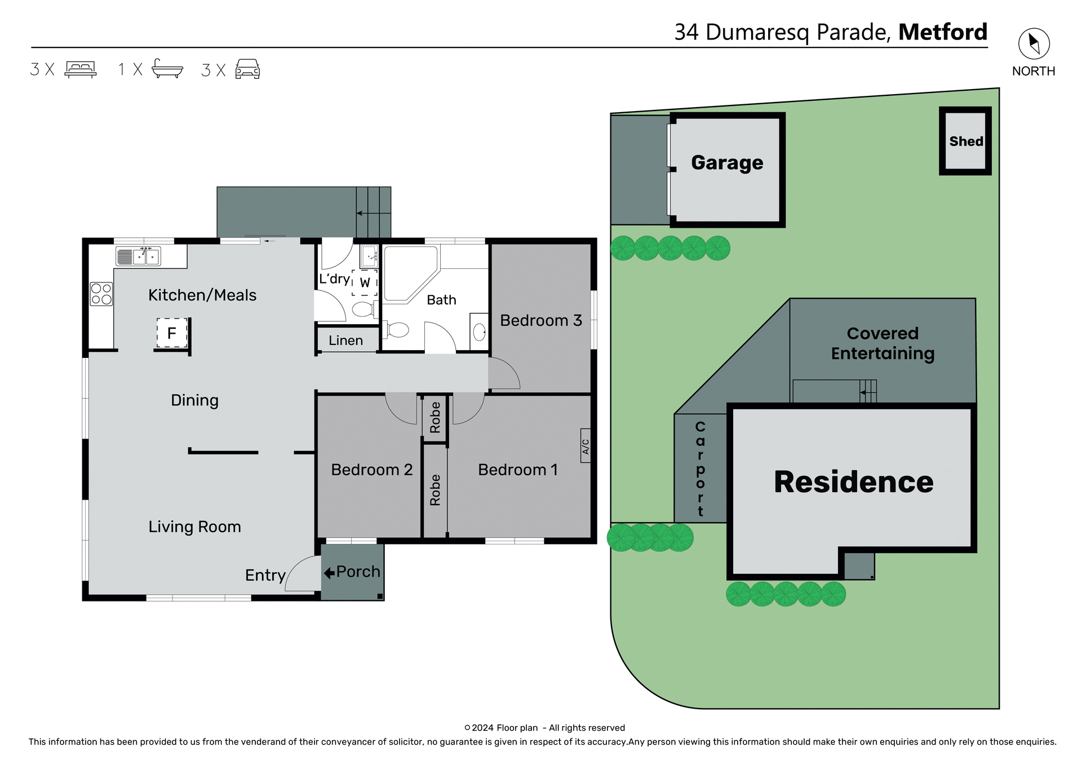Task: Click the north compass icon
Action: click(x=1034, y=43)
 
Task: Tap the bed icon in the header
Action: click(x=81, y=69)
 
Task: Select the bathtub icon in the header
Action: click(x=167, y=68)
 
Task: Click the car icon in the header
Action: click(x=247, y=69)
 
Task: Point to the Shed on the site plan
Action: click(x=965, y=141)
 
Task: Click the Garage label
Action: click(x=727, y=163)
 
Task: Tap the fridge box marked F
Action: click(x=172, y=333)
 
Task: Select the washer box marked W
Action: click(x=365, y=282)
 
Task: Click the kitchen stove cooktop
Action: click(x=101, y=294)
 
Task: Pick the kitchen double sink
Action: click(x=145, y=256)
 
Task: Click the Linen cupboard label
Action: click(x=345, y=341)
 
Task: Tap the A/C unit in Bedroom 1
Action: click(x=586, y=446)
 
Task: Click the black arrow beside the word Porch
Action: click(x=329, y=573)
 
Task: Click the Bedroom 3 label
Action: click(x=540, y=320)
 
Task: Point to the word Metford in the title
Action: click(x=942, y=32)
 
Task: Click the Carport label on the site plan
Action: click(x=700, y=468)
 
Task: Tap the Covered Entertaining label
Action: click(x=882, y=343)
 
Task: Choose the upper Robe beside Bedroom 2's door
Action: click(x=435, y=417)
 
